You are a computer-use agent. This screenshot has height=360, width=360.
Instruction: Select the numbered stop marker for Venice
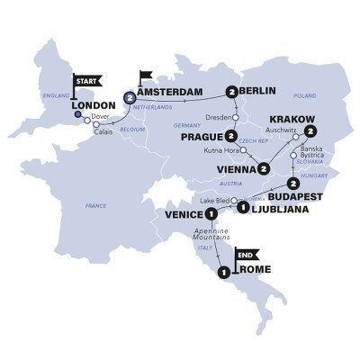tap(211, 213)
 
